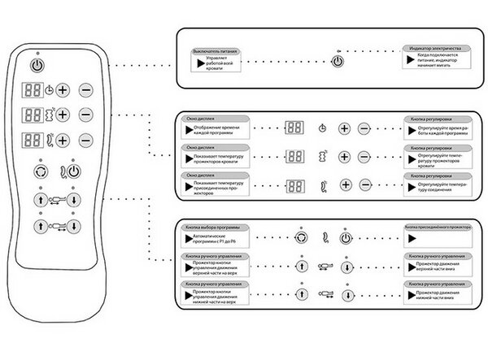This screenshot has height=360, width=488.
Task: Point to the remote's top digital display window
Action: point(32,90)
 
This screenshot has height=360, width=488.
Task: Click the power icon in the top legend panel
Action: point(338,62)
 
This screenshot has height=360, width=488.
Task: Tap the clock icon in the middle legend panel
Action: point(324,128)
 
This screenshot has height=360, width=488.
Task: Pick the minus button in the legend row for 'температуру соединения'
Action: point(364,185)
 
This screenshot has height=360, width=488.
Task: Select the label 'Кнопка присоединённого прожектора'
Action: point(439,228)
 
